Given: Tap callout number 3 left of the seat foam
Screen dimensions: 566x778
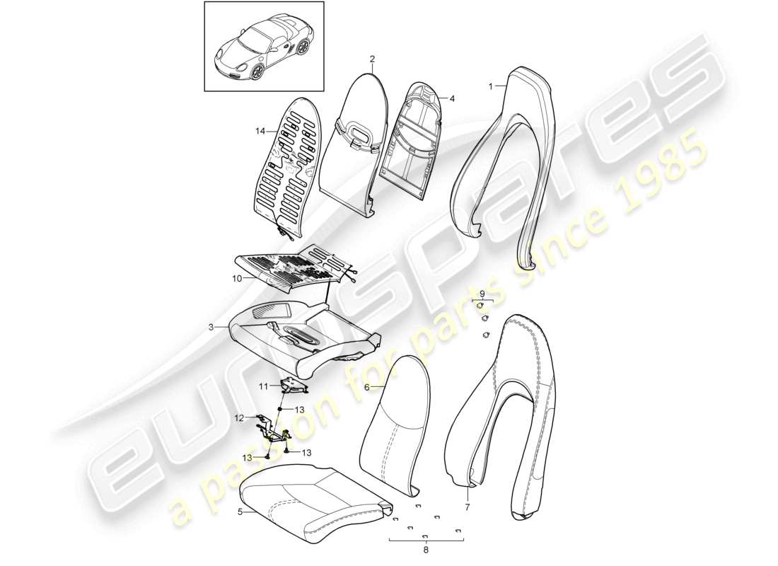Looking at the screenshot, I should [x=211, y=328].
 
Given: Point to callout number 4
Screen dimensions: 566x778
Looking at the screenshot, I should [x=452, y=99].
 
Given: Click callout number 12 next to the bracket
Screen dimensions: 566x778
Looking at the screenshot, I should [x=239, y=417].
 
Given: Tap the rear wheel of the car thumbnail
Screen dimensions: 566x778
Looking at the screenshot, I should [x=303, y=48].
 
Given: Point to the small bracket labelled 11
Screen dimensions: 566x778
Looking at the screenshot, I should [x=293, y=386].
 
